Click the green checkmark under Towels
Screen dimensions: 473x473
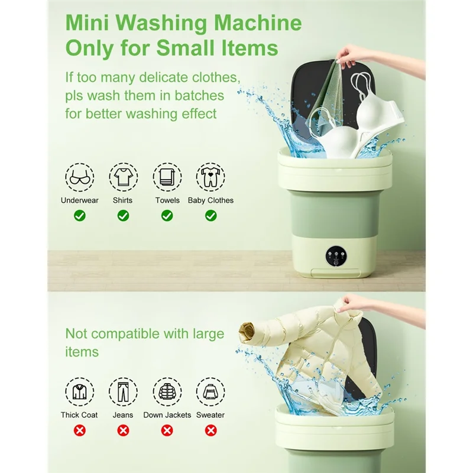[x=167, y=216]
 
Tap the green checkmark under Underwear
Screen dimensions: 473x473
[x=79, y=216]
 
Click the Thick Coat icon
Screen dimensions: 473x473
[x=79, y=392]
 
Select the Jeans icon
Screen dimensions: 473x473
[x=123, y=392]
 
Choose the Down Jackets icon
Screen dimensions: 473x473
[x=167, y=392]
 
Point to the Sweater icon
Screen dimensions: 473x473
[x=210, y=392]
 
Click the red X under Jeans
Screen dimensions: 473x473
[x=123, y=430]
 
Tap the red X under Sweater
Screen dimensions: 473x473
[x=210, y=430]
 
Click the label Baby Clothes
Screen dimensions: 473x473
[x=210, y=200]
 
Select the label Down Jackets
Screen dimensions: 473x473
[x=167, y=415]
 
